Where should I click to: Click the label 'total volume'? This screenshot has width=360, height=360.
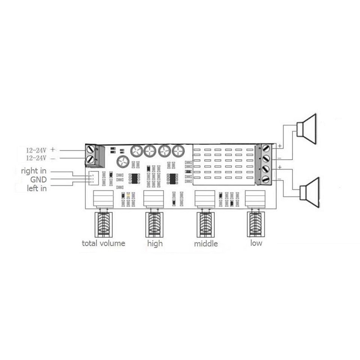pyautogui.click(x=103, y=243)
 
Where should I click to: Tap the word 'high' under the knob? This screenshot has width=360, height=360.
pyautogui.click(x=155, y=243)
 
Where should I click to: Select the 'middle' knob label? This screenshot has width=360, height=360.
pyautogui.click(x=206, y=243)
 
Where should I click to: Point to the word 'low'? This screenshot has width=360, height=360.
pyautogui.click(x=256, y=243)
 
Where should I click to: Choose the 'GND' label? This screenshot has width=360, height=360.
pyautogui.click(x=38, y=179)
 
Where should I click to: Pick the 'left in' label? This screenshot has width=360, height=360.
pyautogui.click(x=37, y=188)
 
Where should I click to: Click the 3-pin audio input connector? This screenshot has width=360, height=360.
pyautogui.click(x=93, y=177)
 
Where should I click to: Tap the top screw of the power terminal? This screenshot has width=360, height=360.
pyautogui.click(x=91, y=149)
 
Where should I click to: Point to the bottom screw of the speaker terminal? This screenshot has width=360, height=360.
pyautogui.click(x=265, y=180)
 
